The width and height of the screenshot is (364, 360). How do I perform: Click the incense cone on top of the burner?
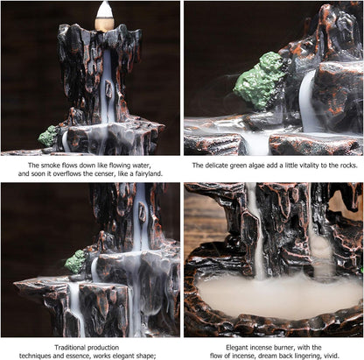coord(104,13)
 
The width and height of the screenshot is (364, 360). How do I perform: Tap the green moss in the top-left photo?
coord(49,137)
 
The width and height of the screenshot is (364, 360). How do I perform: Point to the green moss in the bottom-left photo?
coord(77,260)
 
